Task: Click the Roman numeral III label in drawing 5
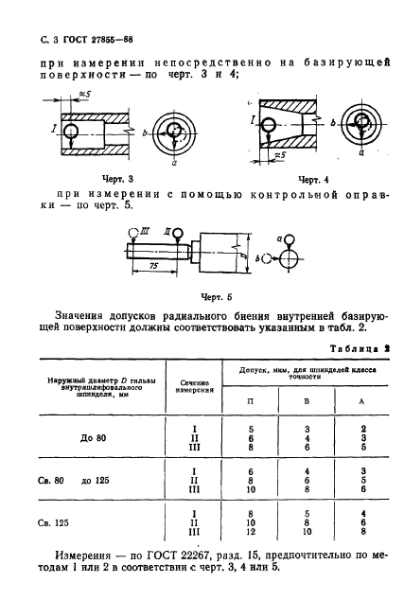145,229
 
